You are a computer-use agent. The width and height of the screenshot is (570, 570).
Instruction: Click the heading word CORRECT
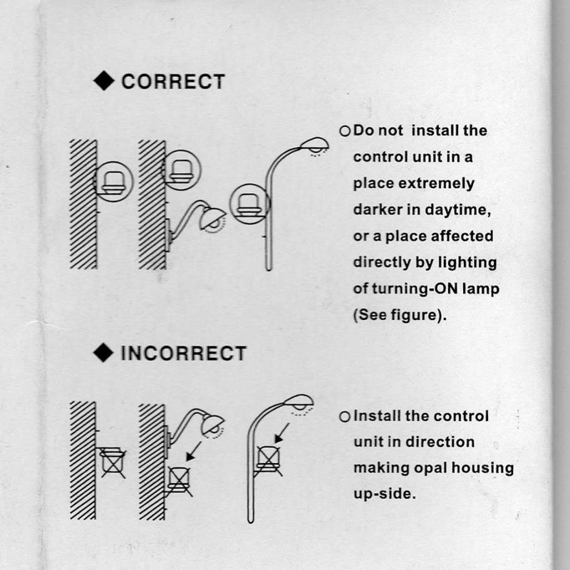click(173, 81)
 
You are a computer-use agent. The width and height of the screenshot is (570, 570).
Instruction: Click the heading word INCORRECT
click(184, 353)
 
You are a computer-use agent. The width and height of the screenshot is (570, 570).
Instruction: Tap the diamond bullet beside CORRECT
click(104, 81)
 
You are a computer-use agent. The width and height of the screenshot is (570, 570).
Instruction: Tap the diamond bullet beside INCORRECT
click(103, 353)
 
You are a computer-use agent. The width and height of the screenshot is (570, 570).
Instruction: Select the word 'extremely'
click(437, 184)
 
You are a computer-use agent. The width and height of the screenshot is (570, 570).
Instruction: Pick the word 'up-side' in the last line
click(383, 494)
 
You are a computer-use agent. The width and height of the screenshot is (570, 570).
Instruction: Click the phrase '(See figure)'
click(398, 315)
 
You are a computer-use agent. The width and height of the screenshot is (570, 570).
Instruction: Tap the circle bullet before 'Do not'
click(345, 131)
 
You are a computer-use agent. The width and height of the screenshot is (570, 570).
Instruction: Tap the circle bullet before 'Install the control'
click(345, 417)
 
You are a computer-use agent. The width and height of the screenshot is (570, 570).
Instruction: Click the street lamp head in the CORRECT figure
click(315, 145)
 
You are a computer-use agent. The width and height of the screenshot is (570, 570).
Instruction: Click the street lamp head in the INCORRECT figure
click(299, 402)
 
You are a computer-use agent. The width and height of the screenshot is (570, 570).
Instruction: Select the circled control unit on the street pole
click(250, 204)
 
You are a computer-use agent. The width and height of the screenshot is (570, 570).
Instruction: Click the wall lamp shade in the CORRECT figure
click(212, 218)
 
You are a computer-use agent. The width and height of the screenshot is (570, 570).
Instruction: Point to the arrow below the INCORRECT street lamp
click(281, 433)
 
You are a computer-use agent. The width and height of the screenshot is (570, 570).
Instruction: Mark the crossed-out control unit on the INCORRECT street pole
click(269, 460)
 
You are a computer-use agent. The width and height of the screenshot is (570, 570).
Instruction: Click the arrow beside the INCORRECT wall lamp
click(193, 452)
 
